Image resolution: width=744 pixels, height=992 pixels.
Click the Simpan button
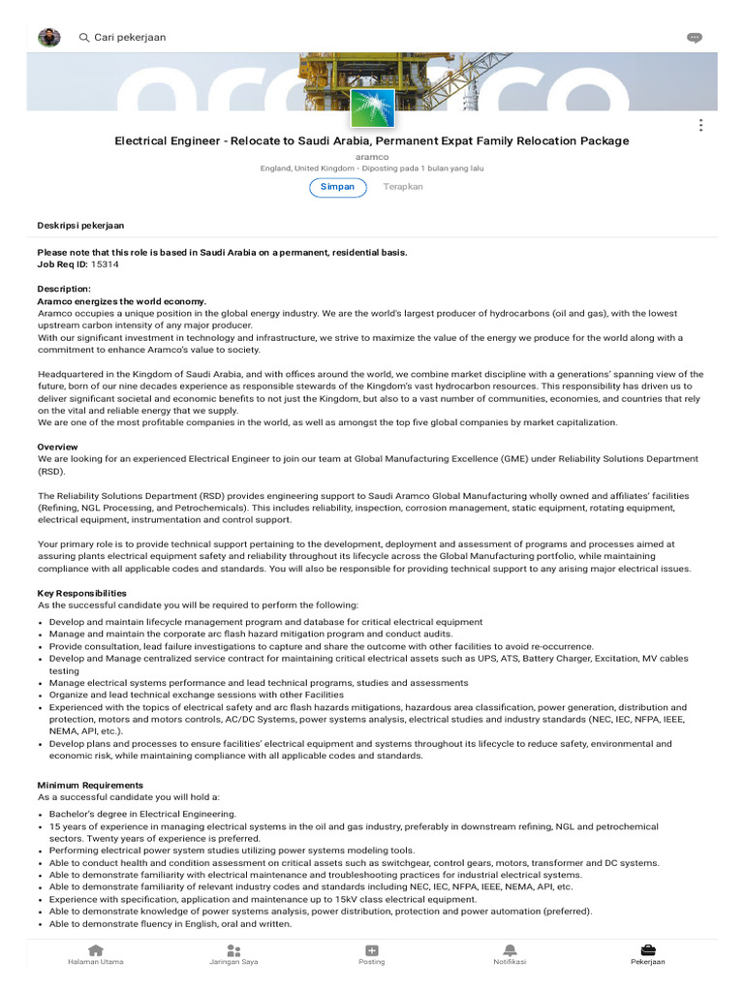(338, 187)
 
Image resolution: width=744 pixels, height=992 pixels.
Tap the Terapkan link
(403, 187)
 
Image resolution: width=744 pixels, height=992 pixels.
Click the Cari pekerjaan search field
(130, 37)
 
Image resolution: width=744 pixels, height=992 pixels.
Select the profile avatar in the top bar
(48, 37)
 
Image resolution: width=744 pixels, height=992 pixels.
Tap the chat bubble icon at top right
(694, 38)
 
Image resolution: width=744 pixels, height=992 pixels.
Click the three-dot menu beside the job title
(700, 125)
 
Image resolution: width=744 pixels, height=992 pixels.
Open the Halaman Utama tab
(95, 955)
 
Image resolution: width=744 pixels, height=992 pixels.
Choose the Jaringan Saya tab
(233, 955)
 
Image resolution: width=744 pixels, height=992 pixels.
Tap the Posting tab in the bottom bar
(372, 955)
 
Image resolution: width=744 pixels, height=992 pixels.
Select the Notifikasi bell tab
(510, 955)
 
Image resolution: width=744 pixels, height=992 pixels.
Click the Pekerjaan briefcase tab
(647, 955)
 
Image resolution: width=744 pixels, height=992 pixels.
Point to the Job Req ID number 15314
(105, 264)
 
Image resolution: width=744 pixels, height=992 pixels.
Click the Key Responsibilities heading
(81, 593)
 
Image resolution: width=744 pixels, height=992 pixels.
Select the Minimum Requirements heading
(90, 786)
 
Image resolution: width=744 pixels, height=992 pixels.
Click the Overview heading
(58, 447)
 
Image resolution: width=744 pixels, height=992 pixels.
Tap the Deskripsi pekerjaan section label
(80, 226)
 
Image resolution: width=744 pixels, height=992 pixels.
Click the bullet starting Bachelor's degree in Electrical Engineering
(142, 814)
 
